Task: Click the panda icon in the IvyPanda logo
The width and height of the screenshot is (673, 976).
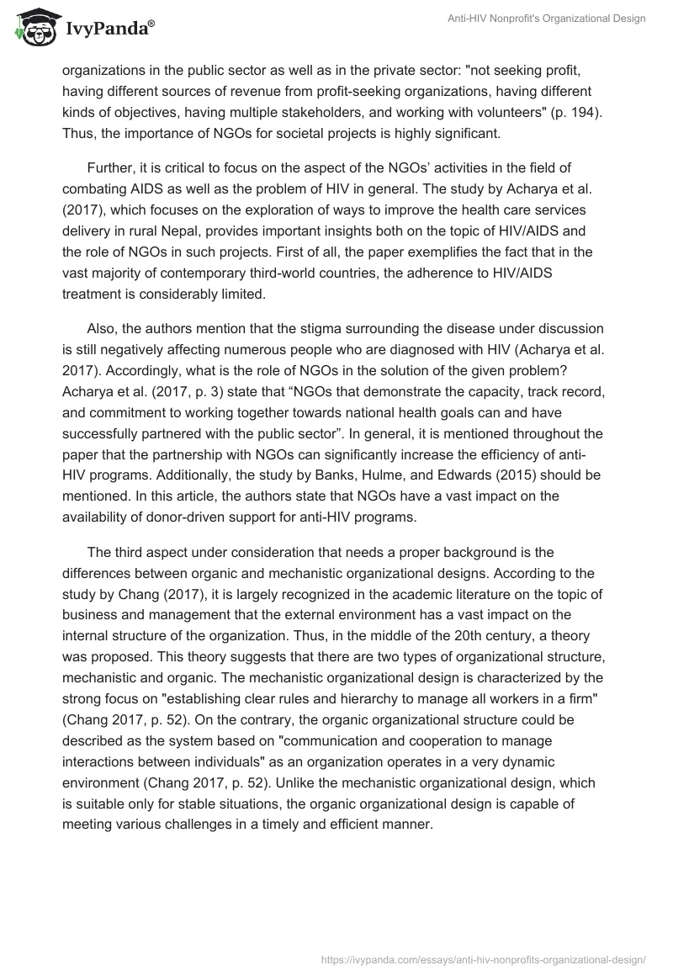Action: pos(33,29)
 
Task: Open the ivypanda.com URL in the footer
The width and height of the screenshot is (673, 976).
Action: pos(484,959)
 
